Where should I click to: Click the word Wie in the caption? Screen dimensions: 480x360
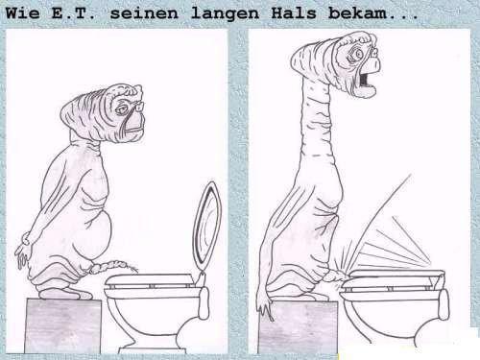(x=23, y=13)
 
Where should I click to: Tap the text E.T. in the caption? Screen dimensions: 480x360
(x=73, y=13)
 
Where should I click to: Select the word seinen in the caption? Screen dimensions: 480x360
(x=144, y=13)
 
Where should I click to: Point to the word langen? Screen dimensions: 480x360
(x=225, y=14)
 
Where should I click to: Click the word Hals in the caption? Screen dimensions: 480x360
(x=294, y=13)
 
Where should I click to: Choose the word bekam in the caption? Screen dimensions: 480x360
(x=358, y=13)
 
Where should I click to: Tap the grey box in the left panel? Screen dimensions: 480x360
(x=63, y=325)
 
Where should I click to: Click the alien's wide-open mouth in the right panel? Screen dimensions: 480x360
(x=366, y=80)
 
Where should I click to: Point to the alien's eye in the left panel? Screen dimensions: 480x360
(x=122, y=109)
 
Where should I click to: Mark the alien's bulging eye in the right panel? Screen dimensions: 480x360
(x=356, y=53)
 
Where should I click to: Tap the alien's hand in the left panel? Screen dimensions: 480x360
(x=22, y=252)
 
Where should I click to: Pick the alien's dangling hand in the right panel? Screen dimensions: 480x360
(x=265, y=307)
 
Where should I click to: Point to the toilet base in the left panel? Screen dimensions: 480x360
(x=151, y=349)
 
